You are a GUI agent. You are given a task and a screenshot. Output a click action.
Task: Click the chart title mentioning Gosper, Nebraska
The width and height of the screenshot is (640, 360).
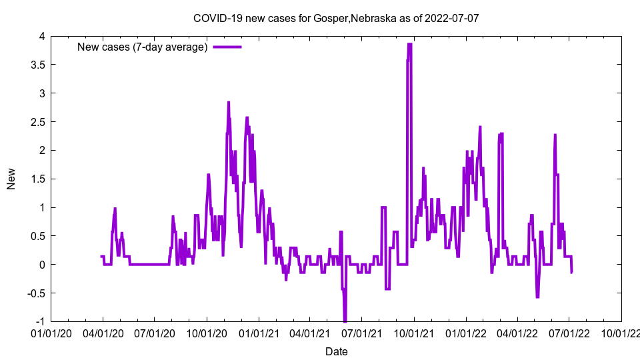click(x=336, y=18)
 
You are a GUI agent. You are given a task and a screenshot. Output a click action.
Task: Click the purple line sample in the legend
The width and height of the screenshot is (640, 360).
click(x=227, y=47)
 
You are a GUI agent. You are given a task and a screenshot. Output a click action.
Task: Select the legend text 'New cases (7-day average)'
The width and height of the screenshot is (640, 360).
click(x=143, y=47)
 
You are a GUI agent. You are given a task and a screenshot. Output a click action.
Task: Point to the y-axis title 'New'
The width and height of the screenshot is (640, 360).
click(x=11, y=179)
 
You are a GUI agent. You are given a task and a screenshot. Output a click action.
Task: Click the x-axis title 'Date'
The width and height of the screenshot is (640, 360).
click(x=336, y=351)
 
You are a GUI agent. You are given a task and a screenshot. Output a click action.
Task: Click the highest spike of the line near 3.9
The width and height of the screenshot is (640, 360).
click(x=409, y=44)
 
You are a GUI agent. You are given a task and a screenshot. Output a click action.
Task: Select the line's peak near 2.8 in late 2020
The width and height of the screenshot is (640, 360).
click(x=229, y=103)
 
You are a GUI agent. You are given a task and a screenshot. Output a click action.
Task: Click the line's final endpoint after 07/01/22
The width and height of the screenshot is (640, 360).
click(x=571, y=272)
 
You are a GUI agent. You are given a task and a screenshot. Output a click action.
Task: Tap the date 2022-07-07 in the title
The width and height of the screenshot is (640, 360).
click(x=453, y=18)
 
